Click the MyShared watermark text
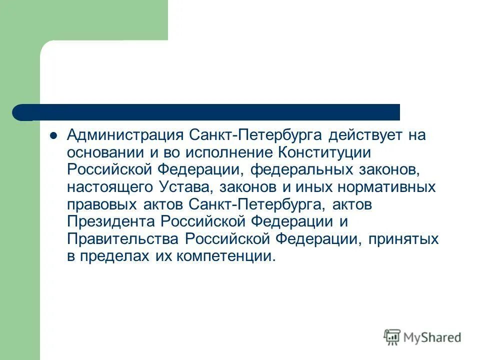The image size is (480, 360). (432, 337)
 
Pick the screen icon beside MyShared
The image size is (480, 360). (392, 337)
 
